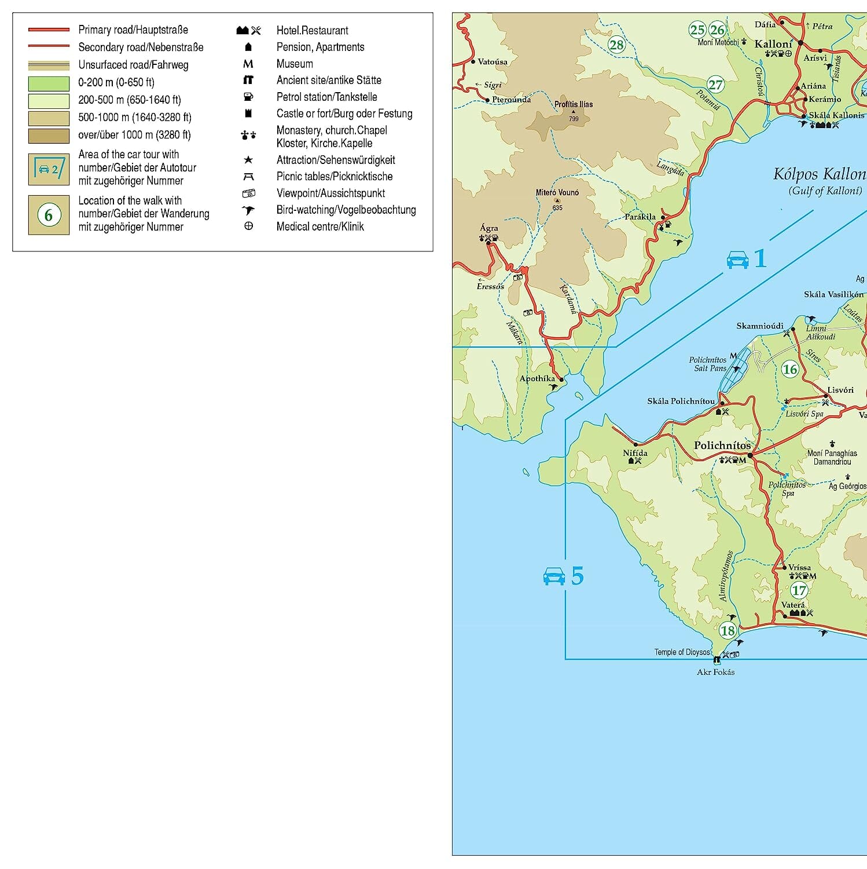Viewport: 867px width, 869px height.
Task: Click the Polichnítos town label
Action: (x=722, y=446)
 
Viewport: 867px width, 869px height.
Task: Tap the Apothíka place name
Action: (x=537, y=378)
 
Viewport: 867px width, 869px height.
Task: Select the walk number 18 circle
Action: (x=728, y=630)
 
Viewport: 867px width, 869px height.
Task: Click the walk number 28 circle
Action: (x=616, y=45)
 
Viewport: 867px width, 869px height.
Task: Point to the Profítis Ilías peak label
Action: (x=573, y=104)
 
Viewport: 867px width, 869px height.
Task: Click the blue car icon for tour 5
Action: (x=554, y=576)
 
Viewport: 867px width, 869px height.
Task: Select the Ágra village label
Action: (x=488, y=228)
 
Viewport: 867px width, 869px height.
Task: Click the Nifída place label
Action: (x=635, y=453)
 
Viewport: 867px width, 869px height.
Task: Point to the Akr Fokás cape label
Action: (x=715, y=672)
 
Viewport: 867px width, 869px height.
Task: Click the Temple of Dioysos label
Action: (x=682, y=652)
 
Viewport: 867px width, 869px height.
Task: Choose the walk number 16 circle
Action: (x=790, y=369)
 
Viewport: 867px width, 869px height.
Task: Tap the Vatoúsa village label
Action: (x=493, y=61)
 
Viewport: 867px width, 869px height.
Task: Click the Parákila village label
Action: (x=640, y=217)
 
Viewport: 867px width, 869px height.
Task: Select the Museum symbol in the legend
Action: (x=248, y=64)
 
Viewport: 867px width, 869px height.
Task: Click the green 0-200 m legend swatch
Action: (x=49, y=83)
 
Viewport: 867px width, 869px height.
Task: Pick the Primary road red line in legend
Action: (x=49, y=30)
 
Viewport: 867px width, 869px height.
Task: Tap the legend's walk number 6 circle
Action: (x=49, y=215)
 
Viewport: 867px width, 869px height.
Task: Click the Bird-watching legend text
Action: (x=346, y=210)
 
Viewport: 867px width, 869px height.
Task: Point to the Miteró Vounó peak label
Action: (x=557, y=192)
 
